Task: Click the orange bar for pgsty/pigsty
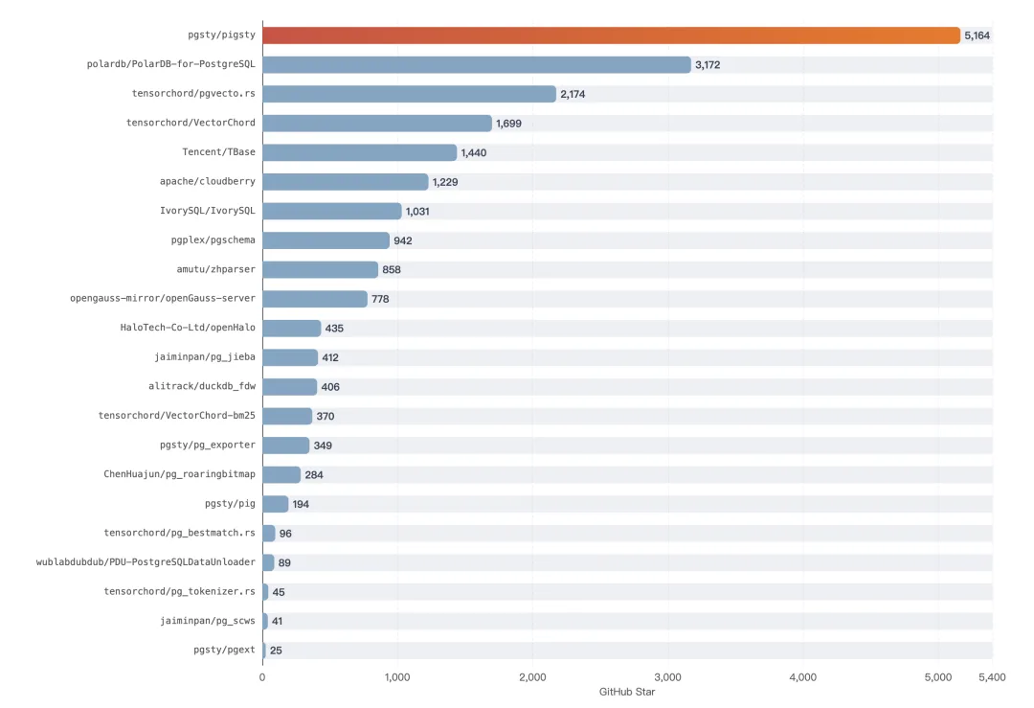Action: tap(611, 35)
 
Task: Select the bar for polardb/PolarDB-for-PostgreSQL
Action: tap(477, 64)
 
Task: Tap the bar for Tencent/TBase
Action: tap(359, 152)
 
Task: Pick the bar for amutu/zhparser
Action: tap(321, 269)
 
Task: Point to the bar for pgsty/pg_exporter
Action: tap(285, 445)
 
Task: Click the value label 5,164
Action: tap(977, 35)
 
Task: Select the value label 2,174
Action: tap(573, 94)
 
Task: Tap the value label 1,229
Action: tap(445, 182)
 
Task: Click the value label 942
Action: tap(403, 240)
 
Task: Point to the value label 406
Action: tap(330, 387)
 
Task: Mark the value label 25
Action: tap(276, 651)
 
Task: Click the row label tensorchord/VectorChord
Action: tap(191, 123)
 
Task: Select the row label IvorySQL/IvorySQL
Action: tap(207, 211)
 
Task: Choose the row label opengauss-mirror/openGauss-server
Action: tap(162, 298)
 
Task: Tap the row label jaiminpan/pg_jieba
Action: tap(205, 357)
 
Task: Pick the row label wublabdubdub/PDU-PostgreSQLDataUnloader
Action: tap(146, 562)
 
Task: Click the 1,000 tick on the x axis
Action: tap(397, 677)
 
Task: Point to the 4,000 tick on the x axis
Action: tap(802, 677)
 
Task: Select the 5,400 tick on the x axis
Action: tap(992, 677)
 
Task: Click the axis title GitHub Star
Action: tap(627, 692)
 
